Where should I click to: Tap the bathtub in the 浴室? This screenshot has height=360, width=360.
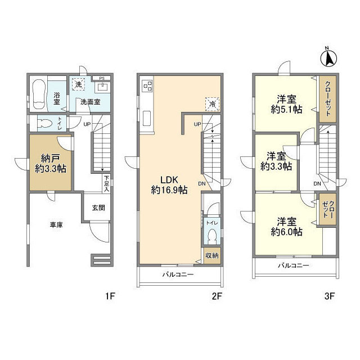pos(39,94)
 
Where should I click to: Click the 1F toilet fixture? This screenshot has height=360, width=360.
pos(44,124)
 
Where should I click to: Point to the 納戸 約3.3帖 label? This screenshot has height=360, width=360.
pos(51,164)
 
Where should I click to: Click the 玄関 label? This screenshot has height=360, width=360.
pos(98,208)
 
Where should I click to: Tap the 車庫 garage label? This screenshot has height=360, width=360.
pos(56,225)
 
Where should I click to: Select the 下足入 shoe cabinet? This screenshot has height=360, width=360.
pos(106,183)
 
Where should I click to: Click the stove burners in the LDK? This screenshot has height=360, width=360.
pos(147,85)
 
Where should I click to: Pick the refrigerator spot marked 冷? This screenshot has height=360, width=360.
pos(213,104)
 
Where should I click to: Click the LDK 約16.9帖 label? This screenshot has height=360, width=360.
pos(169,185)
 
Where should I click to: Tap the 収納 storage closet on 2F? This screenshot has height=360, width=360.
pos(212,255)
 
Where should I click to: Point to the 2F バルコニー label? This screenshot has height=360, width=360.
pos(178,274)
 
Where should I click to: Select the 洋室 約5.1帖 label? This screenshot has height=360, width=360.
pos(286,105)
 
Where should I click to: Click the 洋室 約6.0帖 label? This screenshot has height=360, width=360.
pos(286,227)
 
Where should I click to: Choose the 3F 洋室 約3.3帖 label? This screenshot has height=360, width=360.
pos(276,161)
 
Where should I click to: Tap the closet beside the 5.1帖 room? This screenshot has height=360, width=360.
pos(328,99)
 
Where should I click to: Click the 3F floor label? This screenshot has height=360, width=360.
pos(329,296)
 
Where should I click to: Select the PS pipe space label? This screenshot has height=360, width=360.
pos(102,78)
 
